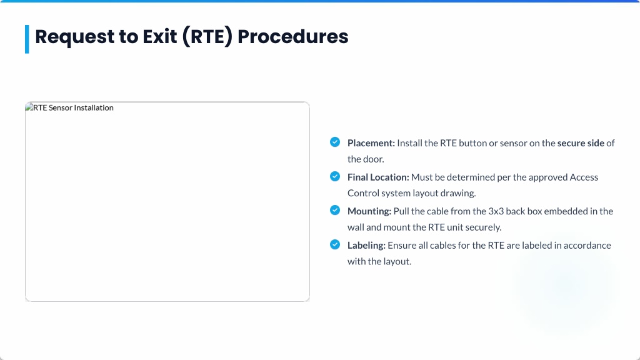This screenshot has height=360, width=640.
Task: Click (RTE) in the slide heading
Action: pyautogui.click(x=207, y=37)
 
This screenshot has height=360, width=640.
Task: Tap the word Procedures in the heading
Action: pyautogui.click(x=293, y=36)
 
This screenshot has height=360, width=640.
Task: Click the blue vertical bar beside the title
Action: pyautogui.click(x=27, y=39)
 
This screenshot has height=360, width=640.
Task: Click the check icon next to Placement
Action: pyautogui.click(x=335, y=142)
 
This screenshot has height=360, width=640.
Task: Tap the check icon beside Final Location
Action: pyautogui.click(x=335, y=176)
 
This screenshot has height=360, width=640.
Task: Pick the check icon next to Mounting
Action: pyautogui.click(x=335, y=210)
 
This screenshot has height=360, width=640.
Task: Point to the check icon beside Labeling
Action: pyautogui.click(x=335, y=244)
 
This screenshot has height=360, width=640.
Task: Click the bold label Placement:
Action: pyautogui.click(x=371, y=143)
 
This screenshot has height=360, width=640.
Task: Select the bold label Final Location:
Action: pyautogui.click(x=378, y=177)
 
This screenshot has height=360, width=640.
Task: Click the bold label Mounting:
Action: pyautogui.click(x=369, y=211)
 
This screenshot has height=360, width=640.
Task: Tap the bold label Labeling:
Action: pyautogui.click(x=366, y=245)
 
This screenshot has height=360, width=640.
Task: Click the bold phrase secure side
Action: pyautogui.click(x=581, y=143)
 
